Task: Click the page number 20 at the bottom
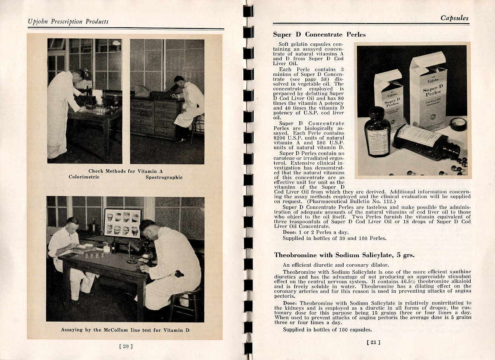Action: (x=126, y=346)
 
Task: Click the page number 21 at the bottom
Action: (x=373, y=342)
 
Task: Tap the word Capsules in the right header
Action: (x=454, y=18)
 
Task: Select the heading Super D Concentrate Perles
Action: (x=319, y=35)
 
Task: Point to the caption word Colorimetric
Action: (x=84, y=177)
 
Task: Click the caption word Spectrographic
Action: (x=164, y=178)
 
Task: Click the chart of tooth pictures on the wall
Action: (x=123, y=223)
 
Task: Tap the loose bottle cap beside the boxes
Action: (x=458, y=124)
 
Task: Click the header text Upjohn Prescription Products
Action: (x=68, y=21)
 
